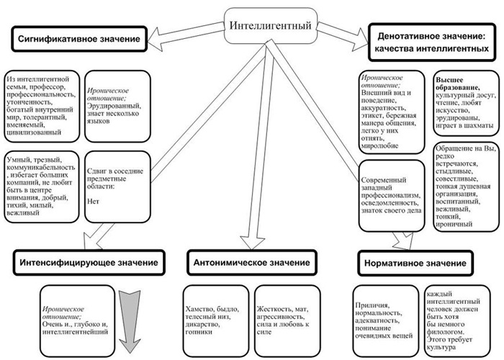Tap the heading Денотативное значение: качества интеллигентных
click(x=430, y=41)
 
